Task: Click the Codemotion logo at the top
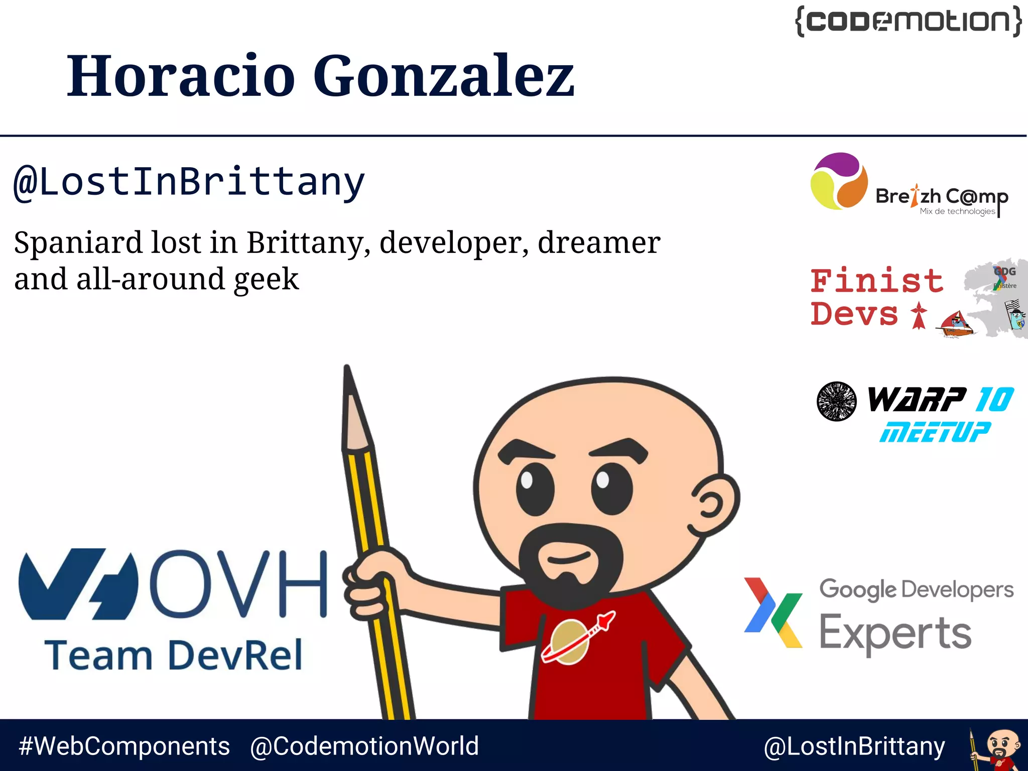908,21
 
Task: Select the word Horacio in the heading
181,76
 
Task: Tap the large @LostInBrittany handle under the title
189,182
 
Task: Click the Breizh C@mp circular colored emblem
839,181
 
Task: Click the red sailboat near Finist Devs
957,324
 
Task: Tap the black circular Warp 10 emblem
836,401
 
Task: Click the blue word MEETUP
935,432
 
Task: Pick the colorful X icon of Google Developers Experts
773,612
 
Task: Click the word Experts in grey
894,632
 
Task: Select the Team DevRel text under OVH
174,656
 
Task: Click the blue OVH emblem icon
78,584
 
